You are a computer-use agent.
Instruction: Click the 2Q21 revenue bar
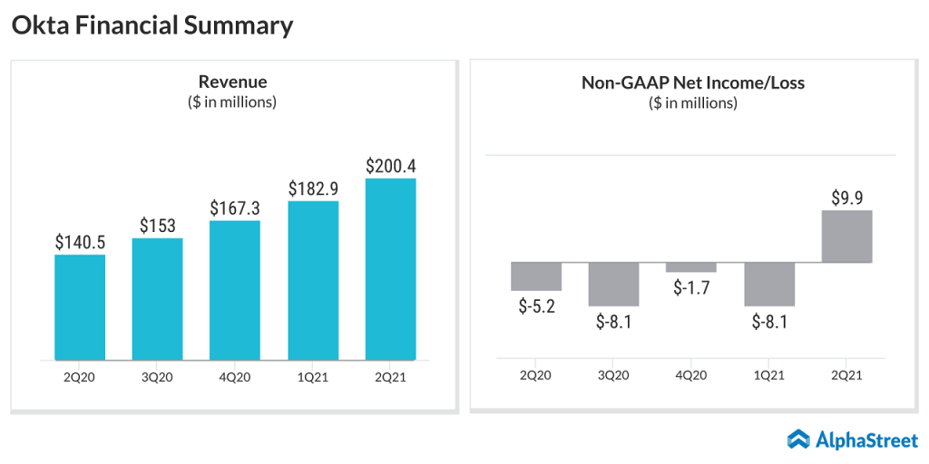391,269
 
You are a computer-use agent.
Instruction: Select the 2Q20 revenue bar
80,307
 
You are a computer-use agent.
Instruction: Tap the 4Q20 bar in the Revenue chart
235,290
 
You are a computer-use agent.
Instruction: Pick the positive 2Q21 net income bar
847,237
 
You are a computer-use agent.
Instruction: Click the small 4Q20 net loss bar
691,267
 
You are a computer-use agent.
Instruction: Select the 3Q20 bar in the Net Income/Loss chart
614,285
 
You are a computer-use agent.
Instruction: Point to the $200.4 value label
391,167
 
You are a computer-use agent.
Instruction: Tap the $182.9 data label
313,189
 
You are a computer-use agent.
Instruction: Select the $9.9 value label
847,198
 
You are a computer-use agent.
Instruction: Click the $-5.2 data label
536,306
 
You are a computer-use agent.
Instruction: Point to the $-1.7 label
691,288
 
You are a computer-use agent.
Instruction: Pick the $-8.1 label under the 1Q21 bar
769,322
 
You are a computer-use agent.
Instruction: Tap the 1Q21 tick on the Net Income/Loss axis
769,374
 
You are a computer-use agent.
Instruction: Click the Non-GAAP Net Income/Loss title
693,83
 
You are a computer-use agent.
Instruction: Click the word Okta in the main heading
38,26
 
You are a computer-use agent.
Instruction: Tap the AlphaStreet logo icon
798,440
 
